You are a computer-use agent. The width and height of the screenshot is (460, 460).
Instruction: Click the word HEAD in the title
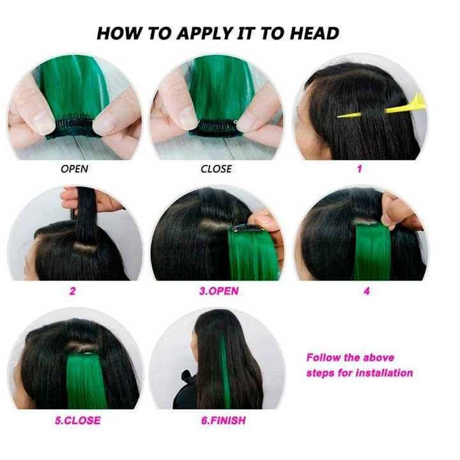(x=314, y=33)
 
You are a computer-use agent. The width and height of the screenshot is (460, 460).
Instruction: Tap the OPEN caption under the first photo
(x=74, y=169)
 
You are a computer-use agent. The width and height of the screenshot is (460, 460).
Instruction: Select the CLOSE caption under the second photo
(x=216, y=169)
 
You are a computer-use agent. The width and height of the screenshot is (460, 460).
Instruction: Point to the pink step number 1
(x=359, y=169)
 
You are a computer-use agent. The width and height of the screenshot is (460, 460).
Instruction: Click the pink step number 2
(x=72, y=291)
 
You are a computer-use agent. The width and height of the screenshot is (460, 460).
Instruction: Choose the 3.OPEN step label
(x=219, y=291)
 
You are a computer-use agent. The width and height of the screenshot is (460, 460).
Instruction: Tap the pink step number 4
(x=367, y=291)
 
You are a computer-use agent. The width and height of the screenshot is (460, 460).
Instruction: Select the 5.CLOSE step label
(x=78, y=420)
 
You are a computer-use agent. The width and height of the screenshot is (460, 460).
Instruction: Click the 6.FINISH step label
(x=223, y=420)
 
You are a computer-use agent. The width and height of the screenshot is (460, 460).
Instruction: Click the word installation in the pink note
(x=385, y=373)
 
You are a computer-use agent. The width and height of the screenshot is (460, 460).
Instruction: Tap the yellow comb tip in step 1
(x=338, y=117)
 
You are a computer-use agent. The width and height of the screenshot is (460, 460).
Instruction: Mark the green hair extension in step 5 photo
(x=86, y=381)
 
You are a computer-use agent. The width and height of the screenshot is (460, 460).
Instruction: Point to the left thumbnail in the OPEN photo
(x=43, y=121)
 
